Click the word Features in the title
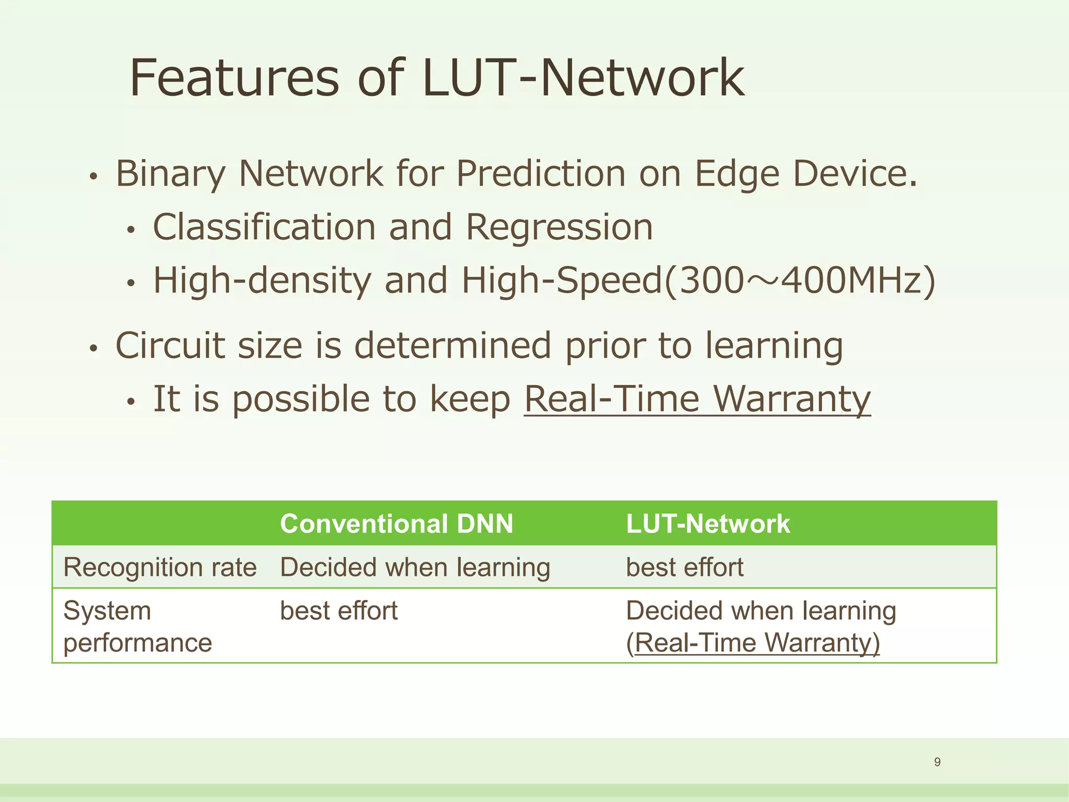(234, 78)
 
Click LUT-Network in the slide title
(583, 78)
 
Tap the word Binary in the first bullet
(171, 173)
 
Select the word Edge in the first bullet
(737, 173)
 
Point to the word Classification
(264, 227)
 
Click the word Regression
(559, 227)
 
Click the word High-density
(262, 280)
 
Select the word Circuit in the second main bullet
(170, 346)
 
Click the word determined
(453, 346)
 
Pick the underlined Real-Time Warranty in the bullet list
(697, 399)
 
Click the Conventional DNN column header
(397, 524)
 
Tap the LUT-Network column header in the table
(708, 524)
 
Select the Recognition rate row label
(160, 568)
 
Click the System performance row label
(137, 626)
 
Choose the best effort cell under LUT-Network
(684, 568)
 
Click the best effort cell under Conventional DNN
(338, 611)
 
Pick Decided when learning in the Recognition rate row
(415, 568)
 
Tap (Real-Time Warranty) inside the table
(753, 643)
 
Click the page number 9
(937, 762)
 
